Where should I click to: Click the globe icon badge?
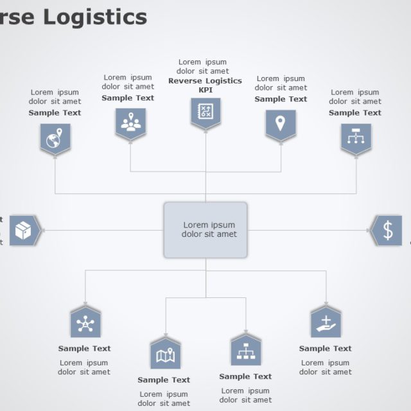tap(55, 138)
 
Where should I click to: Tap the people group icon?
tap(130, 123)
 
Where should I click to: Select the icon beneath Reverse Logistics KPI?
tap(205, 113)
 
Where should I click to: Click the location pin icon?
tap(281, 123)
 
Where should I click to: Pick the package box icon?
tap(24, 231)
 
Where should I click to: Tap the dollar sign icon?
tap(387, 231)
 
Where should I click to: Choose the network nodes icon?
tap(85, 323)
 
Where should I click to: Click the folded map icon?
tap(165, 354)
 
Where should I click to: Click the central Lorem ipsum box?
tap(205, 230)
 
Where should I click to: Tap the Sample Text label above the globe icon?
tap(55, 112)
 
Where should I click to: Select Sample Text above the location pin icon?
tap(281, 99)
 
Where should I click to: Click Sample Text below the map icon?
tap(164, 380)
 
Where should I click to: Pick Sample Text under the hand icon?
tap(325, 349)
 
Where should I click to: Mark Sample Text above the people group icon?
tap(128, 98)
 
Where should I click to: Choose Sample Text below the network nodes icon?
tap(84, 349)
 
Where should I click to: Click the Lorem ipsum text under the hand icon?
tap(325, 367)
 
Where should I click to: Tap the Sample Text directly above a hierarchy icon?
tap(355, 112)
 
